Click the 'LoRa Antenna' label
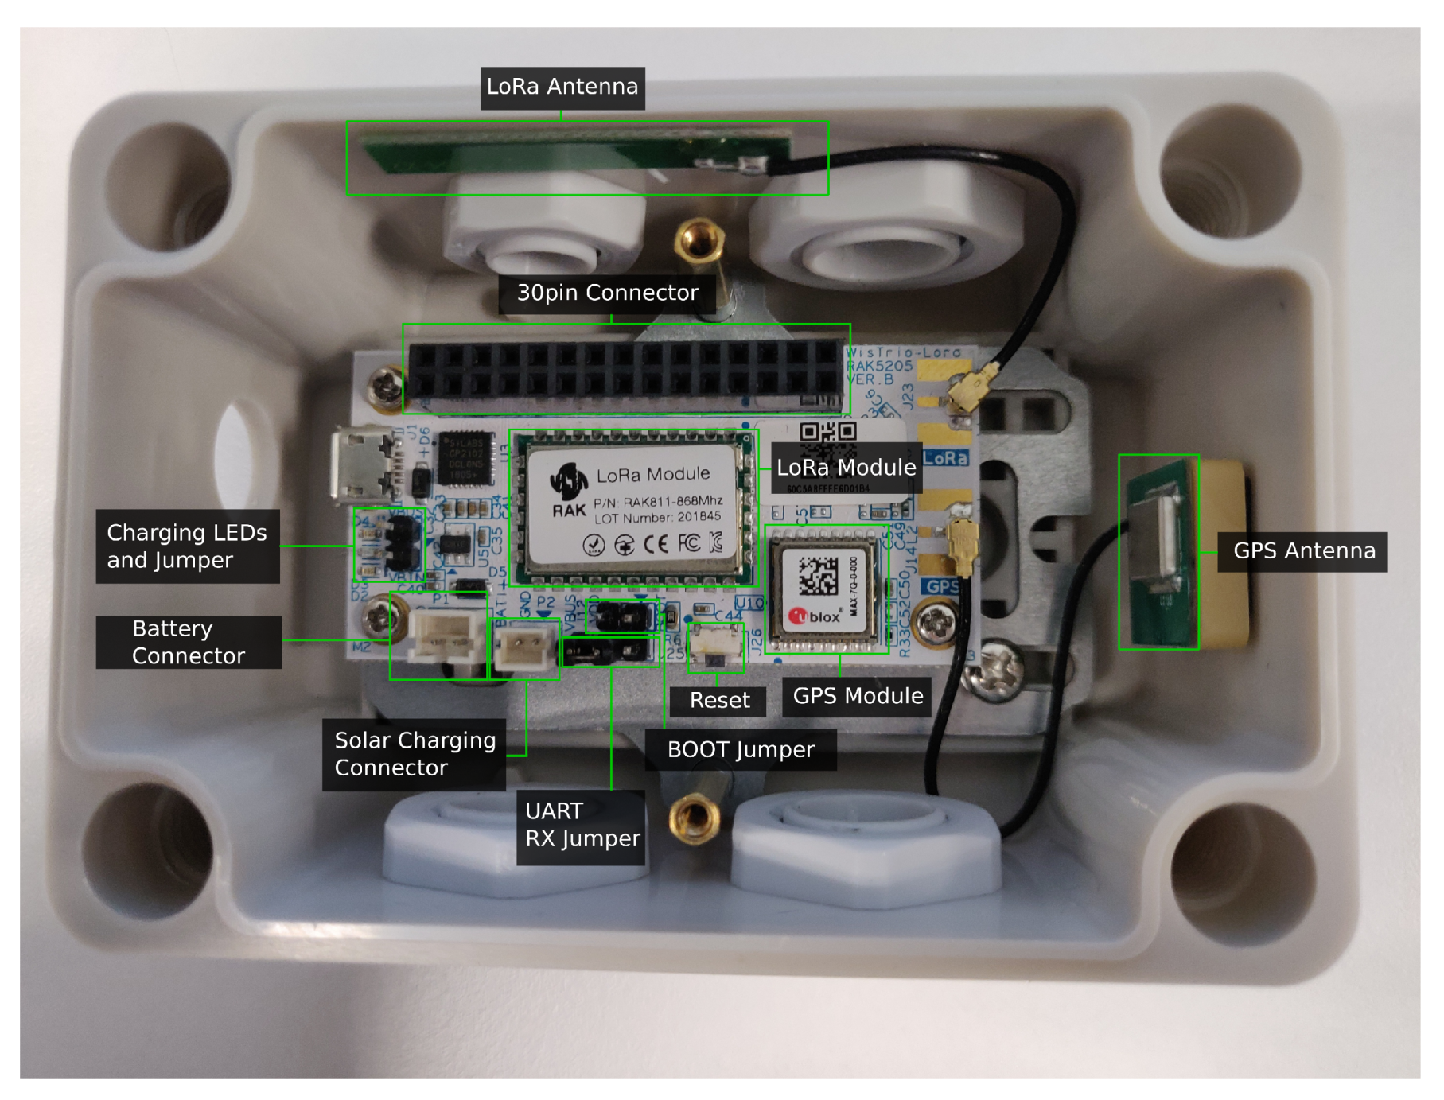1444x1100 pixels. tap(562, 87)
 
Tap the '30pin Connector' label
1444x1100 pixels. tap(607, 293)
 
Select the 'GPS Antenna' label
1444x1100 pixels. tap(1303, 551)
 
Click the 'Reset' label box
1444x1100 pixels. tap(718, 701)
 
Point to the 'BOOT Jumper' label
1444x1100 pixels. tap(740, 750)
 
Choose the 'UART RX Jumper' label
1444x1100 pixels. tap(582, 826)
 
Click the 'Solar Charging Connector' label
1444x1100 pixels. tap(414, 754)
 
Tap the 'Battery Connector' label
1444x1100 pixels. tap(189, 642)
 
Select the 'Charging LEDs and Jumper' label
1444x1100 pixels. tap(187, 546)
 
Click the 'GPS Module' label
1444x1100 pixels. tap(857, 696)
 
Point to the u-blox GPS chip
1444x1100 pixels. tap(824, 589)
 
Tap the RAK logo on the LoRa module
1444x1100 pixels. tap(569, 488)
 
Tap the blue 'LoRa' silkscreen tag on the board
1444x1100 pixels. tap(945, 457)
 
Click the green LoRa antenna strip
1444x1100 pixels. tap(573, 156)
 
